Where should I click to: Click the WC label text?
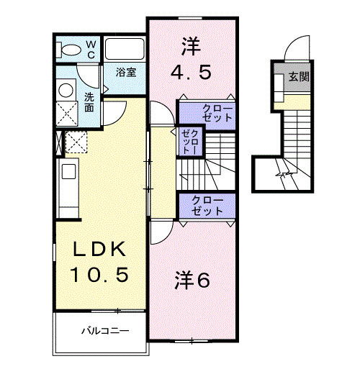91,48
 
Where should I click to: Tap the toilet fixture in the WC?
71,49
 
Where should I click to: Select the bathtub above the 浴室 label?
125,50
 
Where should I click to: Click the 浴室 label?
126,73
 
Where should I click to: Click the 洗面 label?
89,102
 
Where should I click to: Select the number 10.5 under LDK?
101,275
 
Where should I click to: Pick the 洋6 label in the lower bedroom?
193,281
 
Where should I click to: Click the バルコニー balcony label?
104,332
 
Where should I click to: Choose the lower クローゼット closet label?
207,205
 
